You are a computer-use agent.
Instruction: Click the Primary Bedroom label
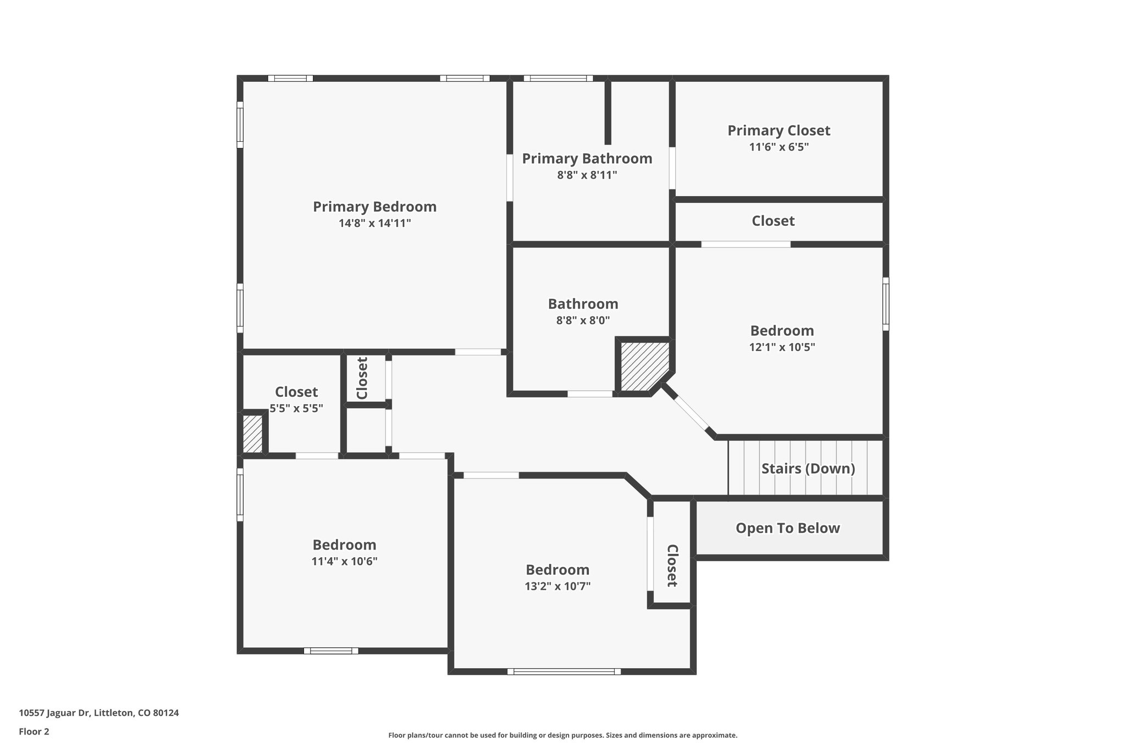click(x=374, y=207)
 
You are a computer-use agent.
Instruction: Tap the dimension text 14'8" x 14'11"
click(x=374, y=223)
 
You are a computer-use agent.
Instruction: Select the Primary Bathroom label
click(x=587, y=158)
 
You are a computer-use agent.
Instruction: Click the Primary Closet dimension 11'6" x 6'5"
click(x=779, y=147)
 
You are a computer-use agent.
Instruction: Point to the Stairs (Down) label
click(x=808, y=469)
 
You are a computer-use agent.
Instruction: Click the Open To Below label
click(x=787, y=528)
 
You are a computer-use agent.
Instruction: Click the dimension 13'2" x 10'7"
click(x=558, y=586)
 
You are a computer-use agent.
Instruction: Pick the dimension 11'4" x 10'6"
click(x=344, y=562)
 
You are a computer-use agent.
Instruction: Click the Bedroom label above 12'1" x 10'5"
click(x=782, y=331)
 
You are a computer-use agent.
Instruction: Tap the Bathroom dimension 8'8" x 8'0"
click(x=583, y=320)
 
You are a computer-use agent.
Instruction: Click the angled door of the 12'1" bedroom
click(x=692, y=412)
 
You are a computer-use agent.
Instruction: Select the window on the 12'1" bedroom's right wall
click(x=885, y=304)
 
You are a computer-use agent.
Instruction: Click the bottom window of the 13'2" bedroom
click(x=564, y=671)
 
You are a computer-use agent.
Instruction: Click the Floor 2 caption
click(x=34, y=732)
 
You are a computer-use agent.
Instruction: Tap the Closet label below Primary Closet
click(x=773, y=221)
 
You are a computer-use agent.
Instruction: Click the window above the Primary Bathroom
click(x=558, y=79)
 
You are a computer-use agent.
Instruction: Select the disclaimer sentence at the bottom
click(x=562, y=735)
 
